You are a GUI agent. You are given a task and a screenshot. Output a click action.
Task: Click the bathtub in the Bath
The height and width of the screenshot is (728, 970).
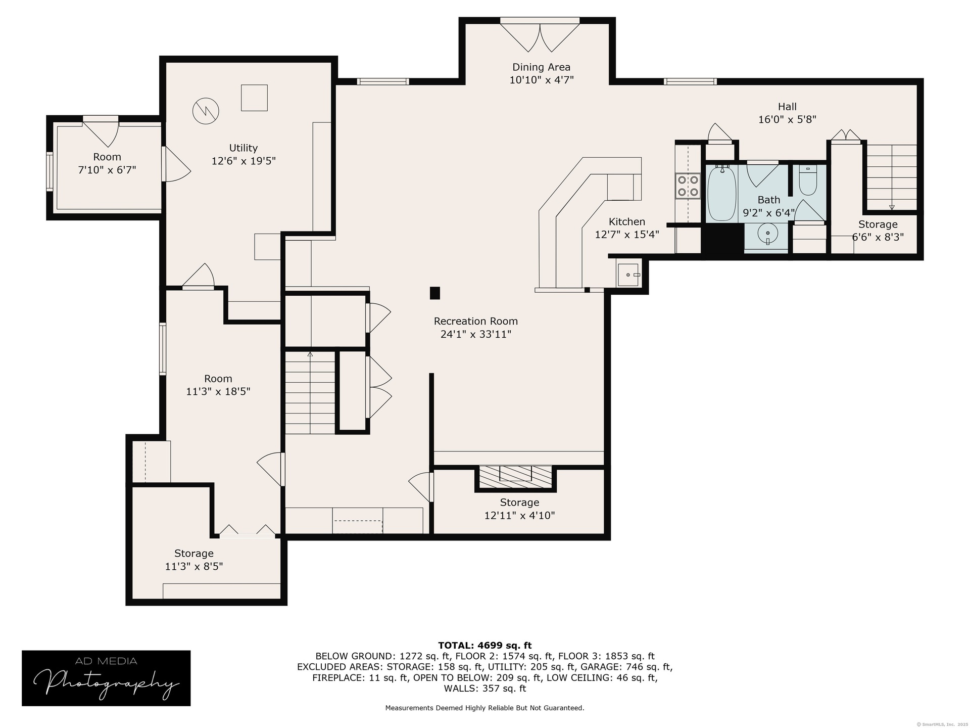click(721, 194)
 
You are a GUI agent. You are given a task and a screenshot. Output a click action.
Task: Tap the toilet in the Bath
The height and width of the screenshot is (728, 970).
click(808, 180)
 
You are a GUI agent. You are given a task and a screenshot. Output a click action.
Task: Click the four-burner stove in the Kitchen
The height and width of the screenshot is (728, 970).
click(688, 185)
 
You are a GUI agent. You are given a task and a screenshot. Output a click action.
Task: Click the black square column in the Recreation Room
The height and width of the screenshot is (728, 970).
click(434, 293)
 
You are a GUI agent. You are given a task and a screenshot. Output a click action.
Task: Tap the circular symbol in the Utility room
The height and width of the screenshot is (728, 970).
click(206, 110)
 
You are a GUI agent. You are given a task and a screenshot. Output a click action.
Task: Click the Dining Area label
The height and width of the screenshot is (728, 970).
click(541, 67)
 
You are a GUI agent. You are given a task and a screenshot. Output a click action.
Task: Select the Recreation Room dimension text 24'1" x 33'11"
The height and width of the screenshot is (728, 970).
click(476, 334)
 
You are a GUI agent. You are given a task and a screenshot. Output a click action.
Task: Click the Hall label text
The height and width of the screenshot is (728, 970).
click(787, 107)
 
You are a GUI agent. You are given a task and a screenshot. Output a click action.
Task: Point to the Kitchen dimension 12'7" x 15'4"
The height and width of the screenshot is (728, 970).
click(627, 235)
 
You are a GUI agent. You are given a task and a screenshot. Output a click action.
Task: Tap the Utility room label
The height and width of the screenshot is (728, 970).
click(244, 148)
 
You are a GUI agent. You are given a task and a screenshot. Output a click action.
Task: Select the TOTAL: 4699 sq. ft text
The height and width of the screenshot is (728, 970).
click(485, 645)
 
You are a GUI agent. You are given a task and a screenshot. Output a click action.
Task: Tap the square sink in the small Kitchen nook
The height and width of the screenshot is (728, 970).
click(628, 275)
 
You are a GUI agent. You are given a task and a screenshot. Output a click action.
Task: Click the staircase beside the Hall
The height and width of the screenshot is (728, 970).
click(892, 177)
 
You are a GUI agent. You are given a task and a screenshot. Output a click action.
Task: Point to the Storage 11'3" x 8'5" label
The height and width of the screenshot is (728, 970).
click(194, 560)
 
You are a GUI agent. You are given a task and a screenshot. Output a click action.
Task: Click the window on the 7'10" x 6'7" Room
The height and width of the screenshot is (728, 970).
click(50, 171)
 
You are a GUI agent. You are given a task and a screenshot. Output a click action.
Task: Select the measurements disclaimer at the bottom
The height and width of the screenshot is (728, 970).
click(485, 708)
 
